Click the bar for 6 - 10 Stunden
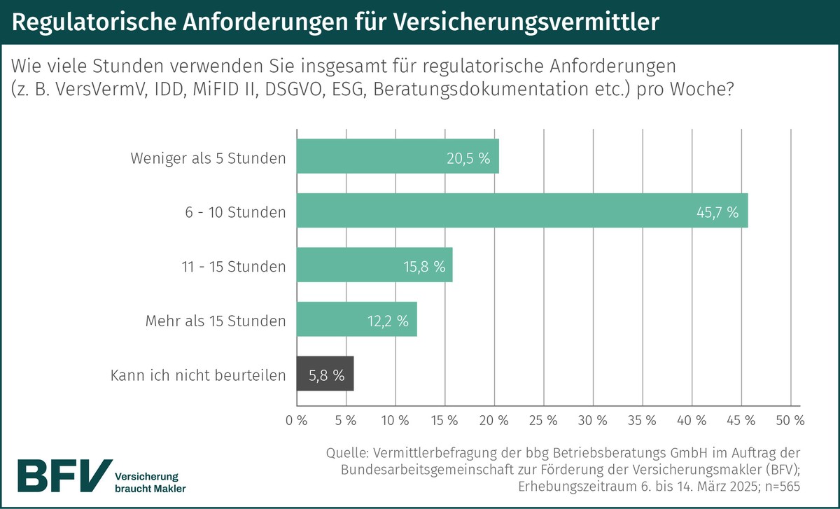pos(522,211)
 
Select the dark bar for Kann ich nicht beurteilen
pos(325,375)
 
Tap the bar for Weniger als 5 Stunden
pos(398,156)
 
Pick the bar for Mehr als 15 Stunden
pos(357,320)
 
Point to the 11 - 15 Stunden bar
pos(374,265)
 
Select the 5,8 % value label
pos(326,376)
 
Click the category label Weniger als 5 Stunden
pos(208,158)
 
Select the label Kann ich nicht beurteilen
pos(198,376)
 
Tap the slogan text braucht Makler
pos(150,488)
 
